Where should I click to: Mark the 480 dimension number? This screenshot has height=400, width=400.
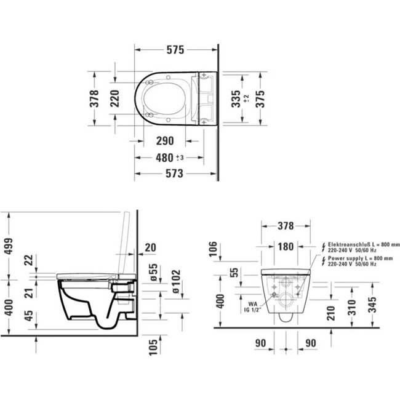tap(164, 158)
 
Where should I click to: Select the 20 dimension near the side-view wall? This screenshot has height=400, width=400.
tap(151, 247)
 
